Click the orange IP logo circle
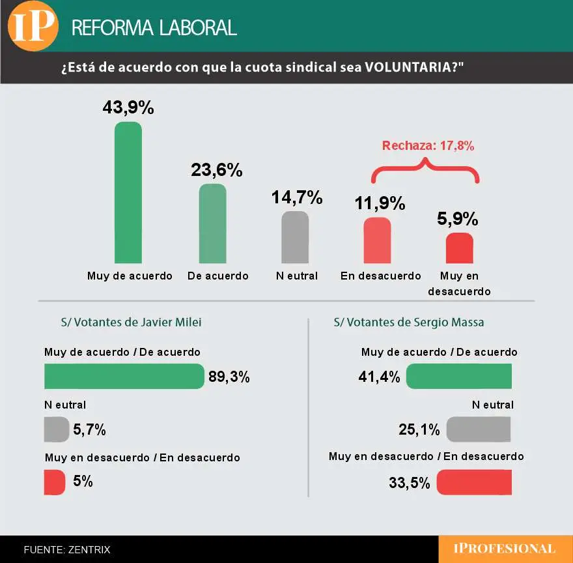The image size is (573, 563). click(32, 26)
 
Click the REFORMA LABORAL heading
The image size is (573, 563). click(154, 27)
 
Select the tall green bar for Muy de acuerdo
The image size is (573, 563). click(128, 192)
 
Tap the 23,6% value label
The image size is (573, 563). click(217, 170)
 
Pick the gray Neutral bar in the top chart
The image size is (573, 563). click(295, 237)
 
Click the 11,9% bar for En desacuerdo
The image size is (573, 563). click(377, 240)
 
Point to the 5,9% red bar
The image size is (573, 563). click(459, 248)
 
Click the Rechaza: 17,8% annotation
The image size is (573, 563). click(428, 146)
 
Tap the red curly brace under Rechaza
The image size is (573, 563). click(425, 171)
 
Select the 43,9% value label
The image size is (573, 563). click(128, 108)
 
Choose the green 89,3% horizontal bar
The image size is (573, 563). click(124, 376)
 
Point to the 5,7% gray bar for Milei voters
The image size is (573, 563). click(57, 429)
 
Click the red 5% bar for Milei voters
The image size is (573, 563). click(55, 482)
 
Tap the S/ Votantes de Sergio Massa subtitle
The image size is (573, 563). click(409, 322)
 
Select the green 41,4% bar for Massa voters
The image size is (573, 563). click(459, 376)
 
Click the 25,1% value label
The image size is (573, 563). click(419, 429)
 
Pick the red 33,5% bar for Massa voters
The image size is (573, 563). click(474, 482)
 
